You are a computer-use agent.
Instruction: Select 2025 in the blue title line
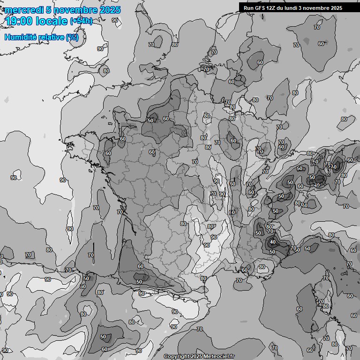point(110,10)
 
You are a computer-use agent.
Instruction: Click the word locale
point(52,21)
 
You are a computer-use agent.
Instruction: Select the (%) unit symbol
point(72,37)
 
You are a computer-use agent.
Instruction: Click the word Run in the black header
point(249,8)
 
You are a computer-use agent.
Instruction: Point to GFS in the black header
point(260,8)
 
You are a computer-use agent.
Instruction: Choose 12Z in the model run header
point(271,8)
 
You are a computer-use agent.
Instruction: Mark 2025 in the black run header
point(336,8)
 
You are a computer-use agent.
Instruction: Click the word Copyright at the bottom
point(177,357)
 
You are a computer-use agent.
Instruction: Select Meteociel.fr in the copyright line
point(219,357)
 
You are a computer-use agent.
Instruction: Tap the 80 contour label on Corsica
point(325,306)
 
